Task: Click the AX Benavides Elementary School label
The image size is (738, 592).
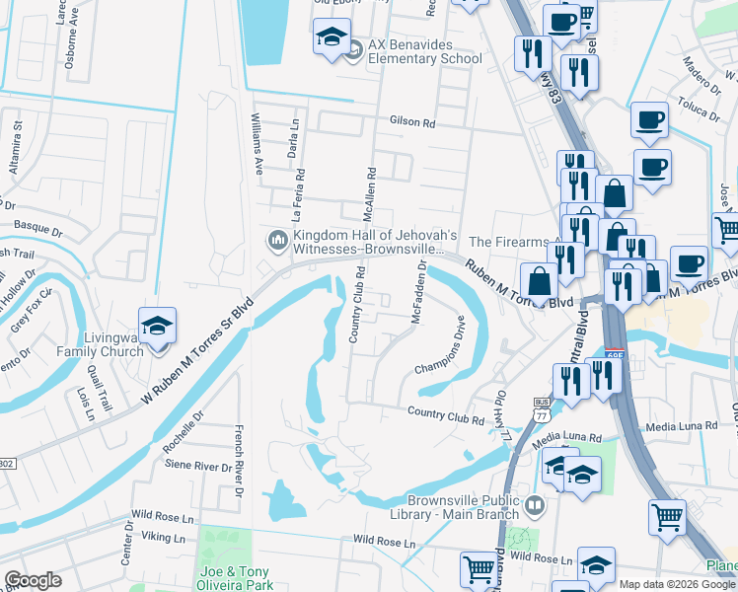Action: pos(425,51)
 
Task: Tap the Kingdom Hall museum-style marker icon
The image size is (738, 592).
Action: pos(276,240)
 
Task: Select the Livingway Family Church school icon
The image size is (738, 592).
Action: pos(156,327)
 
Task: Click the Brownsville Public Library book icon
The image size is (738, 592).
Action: pos(534,505)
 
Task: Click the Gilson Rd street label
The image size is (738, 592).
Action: pos(412,122)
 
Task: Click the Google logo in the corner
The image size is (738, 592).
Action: pos(33,580)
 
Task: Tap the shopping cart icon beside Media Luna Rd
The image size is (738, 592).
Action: pos(668,516)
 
